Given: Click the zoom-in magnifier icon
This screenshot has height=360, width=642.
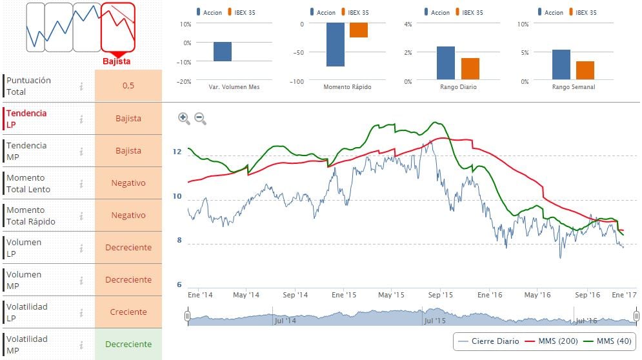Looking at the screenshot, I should pos(184,118).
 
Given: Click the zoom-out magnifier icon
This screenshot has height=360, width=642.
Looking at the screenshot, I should pos(200,119).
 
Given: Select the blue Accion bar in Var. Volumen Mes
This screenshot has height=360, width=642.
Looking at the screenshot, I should pos(223,52).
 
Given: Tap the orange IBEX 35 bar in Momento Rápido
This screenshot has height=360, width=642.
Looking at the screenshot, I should pos(359,30).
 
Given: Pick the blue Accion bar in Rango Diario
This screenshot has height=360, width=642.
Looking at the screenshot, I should pos(446,63).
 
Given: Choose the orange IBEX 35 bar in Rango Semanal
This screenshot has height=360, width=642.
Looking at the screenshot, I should pos(585,70).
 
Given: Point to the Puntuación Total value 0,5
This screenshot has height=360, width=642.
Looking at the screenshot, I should pos(128,86).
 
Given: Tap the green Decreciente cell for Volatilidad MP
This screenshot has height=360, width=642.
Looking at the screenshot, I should pos(128,344).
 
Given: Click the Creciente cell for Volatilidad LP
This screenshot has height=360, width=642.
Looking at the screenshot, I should pos(128,312).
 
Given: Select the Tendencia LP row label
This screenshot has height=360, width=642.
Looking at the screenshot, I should pos(26,119).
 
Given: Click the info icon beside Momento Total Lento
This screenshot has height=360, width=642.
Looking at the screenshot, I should pos(81,183).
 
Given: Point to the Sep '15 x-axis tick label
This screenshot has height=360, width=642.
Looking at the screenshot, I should pos(441,295).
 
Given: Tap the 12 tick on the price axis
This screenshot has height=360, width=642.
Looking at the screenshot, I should pos(177,152).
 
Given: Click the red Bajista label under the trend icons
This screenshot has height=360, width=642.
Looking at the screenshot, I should pos(117,61).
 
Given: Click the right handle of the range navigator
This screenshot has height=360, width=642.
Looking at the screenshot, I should pos(636,316).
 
